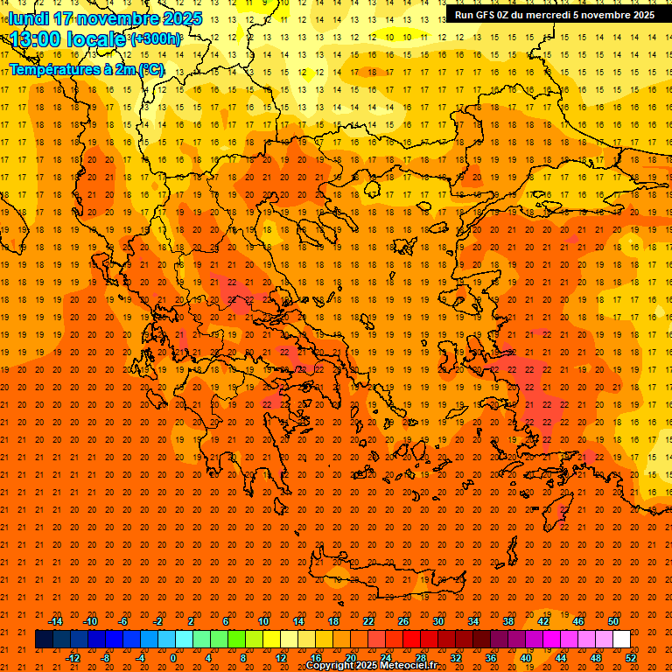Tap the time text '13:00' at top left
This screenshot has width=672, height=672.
point(36,39)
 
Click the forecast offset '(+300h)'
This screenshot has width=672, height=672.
point(157,39)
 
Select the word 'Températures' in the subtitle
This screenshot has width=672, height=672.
point(52,69)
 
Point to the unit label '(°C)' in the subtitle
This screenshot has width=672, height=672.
point(150,69)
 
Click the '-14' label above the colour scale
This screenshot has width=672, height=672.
point(55,621)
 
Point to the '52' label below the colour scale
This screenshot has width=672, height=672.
point(632,658)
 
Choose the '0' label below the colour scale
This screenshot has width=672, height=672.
point(173,658)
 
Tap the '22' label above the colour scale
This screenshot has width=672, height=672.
point(368,621)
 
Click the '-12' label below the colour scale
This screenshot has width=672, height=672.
point(73,658)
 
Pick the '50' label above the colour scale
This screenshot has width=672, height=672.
point(613,621)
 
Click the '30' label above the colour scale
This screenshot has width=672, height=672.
point(438,621)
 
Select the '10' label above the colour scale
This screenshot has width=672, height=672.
point(263,621)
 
